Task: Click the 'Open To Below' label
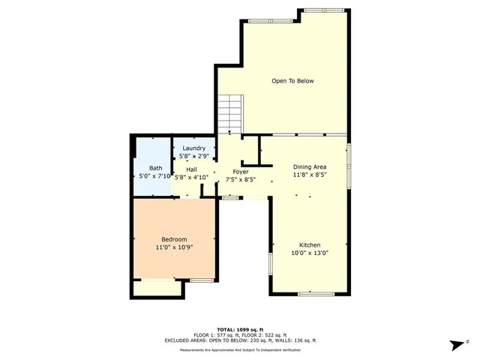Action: click(x=292, y=81)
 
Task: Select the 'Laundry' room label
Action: click(x=194, y=148)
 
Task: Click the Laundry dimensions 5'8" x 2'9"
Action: click(x=194, y=156)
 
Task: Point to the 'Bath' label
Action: click(x=155, y=168)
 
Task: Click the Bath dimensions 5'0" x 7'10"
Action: click(x=155, y=175)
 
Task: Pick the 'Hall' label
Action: click(x=191, y=169)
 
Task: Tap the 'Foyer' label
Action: click(x=240, y=172)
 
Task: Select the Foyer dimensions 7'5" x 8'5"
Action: click(x=240, y=179)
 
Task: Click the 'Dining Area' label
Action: click(x=309, y=166)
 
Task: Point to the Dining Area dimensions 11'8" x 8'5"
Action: click(x=309, y=174)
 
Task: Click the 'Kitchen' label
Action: click(x=310, y=245)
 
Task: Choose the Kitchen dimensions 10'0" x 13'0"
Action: click(x=310, y=253)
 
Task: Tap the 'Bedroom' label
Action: click(x=174, y=239)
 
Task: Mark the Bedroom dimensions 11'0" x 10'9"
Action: click(x=174, y=247)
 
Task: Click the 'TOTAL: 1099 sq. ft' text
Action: click(x=240, y=329)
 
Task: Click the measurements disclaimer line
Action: click(x=240, y=350)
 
